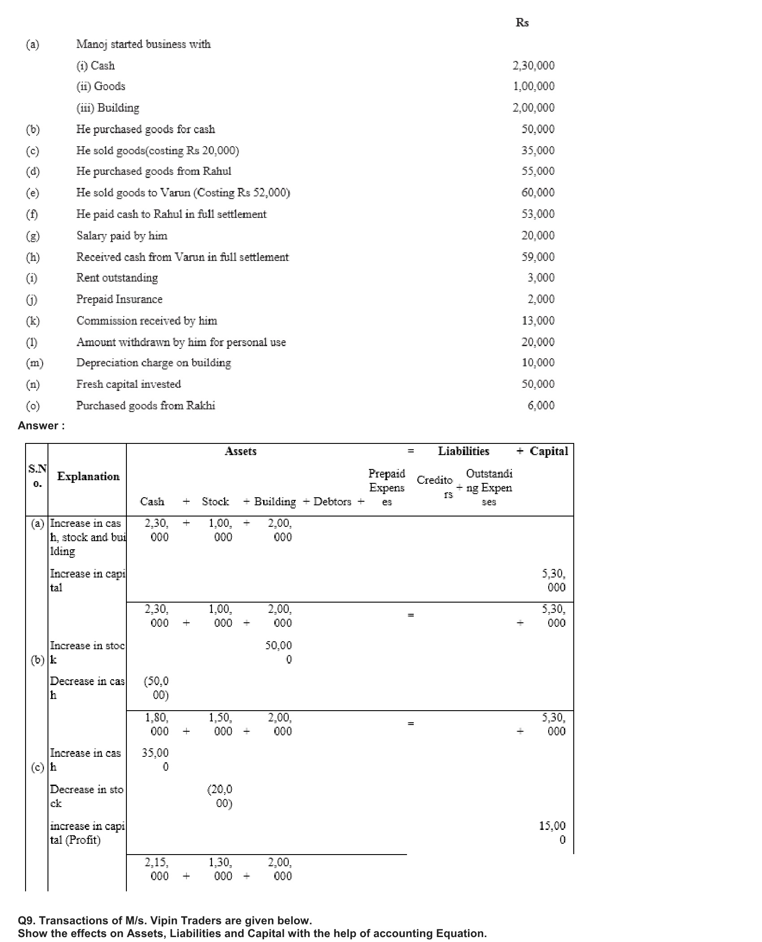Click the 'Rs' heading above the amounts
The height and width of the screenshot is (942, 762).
522,22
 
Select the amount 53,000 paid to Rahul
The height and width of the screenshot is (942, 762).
537,214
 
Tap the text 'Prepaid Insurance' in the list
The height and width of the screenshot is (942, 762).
119,299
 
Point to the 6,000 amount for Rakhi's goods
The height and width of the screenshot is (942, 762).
541,405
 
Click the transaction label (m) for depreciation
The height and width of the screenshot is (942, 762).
35,363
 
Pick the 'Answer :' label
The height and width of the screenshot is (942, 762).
41,425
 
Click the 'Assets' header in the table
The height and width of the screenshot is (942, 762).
241,451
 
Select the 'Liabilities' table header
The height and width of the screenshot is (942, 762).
463,451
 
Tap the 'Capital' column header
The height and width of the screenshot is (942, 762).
549,451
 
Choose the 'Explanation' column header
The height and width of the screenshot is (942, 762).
88,476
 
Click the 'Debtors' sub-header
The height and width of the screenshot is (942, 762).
332,501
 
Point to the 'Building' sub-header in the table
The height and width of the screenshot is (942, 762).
275,501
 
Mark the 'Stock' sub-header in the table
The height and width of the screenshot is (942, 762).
215,501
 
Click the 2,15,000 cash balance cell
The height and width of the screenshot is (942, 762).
156,869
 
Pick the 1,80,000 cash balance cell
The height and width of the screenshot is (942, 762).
156,724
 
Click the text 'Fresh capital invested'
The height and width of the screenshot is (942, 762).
128,384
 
